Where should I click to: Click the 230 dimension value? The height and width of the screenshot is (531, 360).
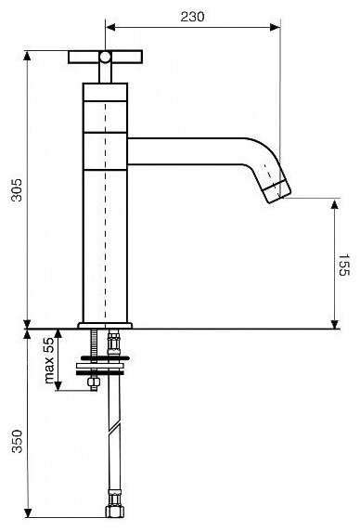tap(192, 17)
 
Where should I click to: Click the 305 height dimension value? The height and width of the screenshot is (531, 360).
tap(17, 190)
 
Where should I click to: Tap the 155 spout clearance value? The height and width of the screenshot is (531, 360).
tap(343, 265)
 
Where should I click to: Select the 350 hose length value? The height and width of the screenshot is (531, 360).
tap(17, 441)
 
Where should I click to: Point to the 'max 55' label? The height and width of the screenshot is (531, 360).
tap(49, 360)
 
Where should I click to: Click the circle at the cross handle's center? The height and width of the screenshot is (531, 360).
tap(105, 57)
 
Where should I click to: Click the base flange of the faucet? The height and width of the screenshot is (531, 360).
tap(105, 326)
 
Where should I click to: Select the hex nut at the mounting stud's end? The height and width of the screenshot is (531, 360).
tap(94, 383)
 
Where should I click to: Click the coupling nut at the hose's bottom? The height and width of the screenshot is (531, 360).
tap(115, 511)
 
